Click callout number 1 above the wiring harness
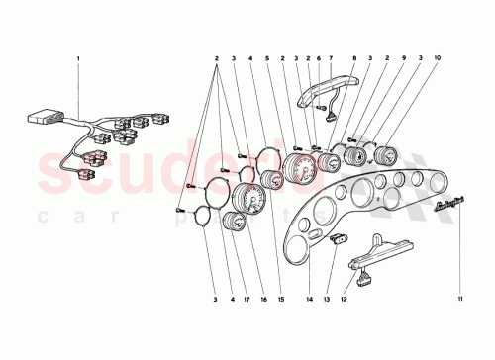tap(76, 58)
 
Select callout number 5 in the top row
tap(268, 58)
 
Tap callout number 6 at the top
tap(318, 58)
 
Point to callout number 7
tap(330, 58)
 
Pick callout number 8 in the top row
tap(354, 58)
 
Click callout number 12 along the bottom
tap(345, 298)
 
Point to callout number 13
tap(328, 298)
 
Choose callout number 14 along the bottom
tap(310, 298)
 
